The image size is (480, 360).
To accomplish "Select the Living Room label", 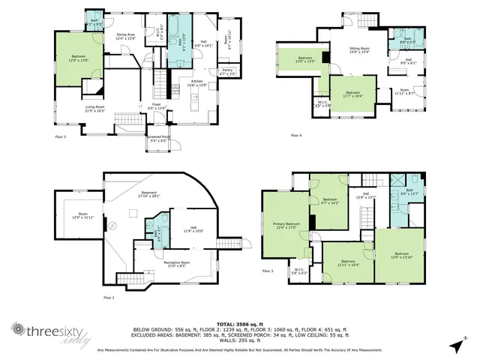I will click(x=94, y=109).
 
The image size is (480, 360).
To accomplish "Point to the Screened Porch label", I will click(x=158, y=138).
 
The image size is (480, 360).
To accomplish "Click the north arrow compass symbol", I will click(x=457, y=345).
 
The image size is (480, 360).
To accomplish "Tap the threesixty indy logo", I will click(x=45, y=331).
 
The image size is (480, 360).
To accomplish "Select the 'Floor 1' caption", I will click(x=109, y=298).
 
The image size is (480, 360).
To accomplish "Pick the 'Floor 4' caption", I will click(x=296, y=136).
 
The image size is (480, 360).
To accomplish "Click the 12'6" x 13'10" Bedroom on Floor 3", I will click(x=401, y=255).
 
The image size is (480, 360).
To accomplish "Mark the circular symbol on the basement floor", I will click(x=112, y=226).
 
